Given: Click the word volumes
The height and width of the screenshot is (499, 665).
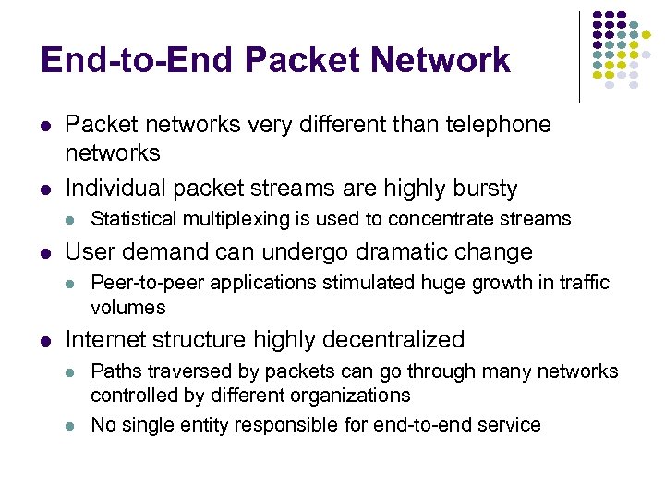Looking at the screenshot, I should click(x=127, y=307).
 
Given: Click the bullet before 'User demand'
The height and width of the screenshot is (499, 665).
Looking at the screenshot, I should click(x=45, y=252).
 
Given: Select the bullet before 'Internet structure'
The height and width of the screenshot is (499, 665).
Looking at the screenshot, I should click(x=45, y=340).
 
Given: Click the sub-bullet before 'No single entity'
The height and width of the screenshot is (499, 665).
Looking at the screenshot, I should click(x=70, y=426).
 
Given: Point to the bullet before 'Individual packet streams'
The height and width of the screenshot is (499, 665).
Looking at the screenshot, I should click(x=45, y=189).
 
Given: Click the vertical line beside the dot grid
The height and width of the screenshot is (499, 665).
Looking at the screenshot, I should click(x=579, y=55).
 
